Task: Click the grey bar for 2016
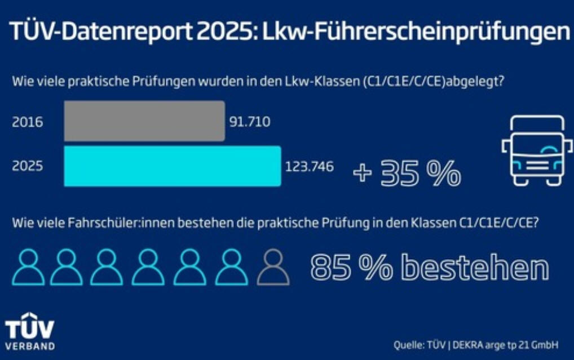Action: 144,121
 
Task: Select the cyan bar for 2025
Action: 172,166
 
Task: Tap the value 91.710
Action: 250,122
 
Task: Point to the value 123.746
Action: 310,167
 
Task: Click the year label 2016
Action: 27,122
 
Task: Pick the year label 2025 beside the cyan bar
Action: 27,167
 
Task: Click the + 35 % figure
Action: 407,172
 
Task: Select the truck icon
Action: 532,150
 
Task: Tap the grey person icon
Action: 273,267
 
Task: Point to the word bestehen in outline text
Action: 477,268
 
